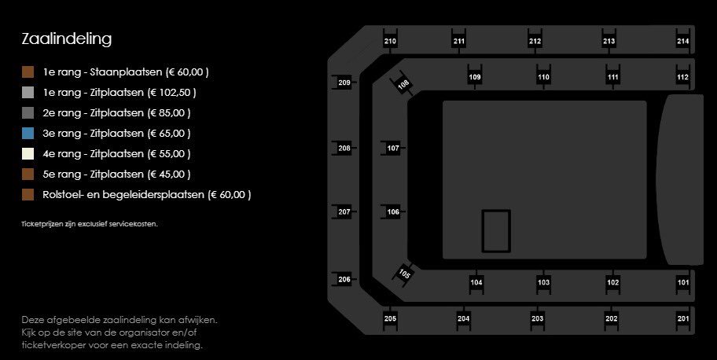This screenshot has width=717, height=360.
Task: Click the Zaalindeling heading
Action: point(66,39)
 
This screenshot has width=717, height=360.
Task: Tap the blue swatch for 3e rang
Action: point(28,133)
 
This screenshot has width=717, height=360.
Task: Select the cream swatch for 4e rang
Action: point(28,154)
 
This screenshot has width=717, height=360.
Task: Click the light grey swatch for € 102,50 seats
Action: point(28,93)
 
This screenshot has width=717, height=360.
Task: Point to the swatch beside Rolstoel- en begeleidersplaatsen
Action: point(28,194)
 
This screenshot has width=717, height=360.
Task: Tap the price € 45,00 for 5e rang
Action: point(169,174)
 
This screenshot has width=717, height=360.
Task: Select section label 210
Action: point(390,41)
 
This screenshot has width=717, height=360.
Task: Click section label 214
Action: point(682,41)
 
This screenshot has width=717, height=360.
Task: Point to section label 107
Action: point(393,149)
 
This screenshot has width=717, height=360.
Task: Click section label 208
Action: point(344,149)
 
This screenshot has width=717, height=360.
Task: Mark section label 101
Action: point(682,282)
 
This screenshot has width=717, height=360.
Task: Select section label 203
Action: point(537,319)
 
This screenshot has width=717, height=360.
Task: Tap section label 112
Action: point(682,77)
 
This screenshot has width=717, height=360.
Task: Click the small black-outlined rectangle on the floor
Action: point(483,231)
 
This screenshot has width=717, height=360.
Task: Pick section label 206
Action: point(344,280)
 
